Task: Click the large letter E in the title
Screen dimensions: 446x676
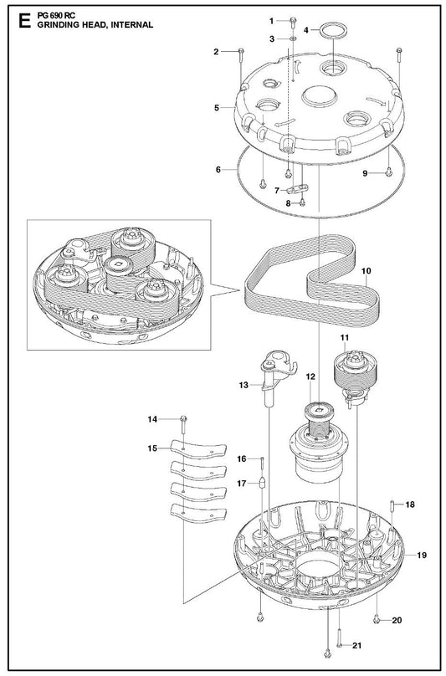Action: pos(24,20)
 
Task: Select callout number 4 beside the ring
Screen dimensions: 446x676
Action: pos(305,30)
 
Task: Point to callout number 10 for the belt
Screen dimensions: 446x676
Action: pos(367,271)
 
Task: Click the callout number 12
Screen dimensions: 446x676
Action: pos(310,376)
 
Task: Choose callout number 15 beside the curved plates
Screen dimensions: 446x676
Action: pos(152,448)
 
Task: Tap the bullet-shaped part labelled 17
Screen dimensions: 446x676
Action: pos(262,482)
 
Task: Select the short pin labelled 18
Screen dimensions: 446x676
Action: pos(392,505)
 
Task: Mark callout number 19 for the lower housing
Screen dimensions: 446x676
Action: pos(422,555)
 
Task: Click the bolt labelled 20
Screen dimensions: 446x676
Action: pos(376,620)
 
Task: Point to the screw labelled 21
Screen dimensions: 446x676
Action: pos(339,645)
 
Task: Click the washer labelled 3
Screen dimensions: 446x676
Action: pos(292,38)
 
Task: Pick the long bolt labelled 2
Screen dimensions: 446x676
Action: pos(241,67)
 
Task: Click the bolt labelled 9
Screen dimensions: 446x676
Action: pos(388,172)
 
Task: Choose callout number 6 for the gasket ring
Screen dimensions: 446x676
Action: pos(218,170)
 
